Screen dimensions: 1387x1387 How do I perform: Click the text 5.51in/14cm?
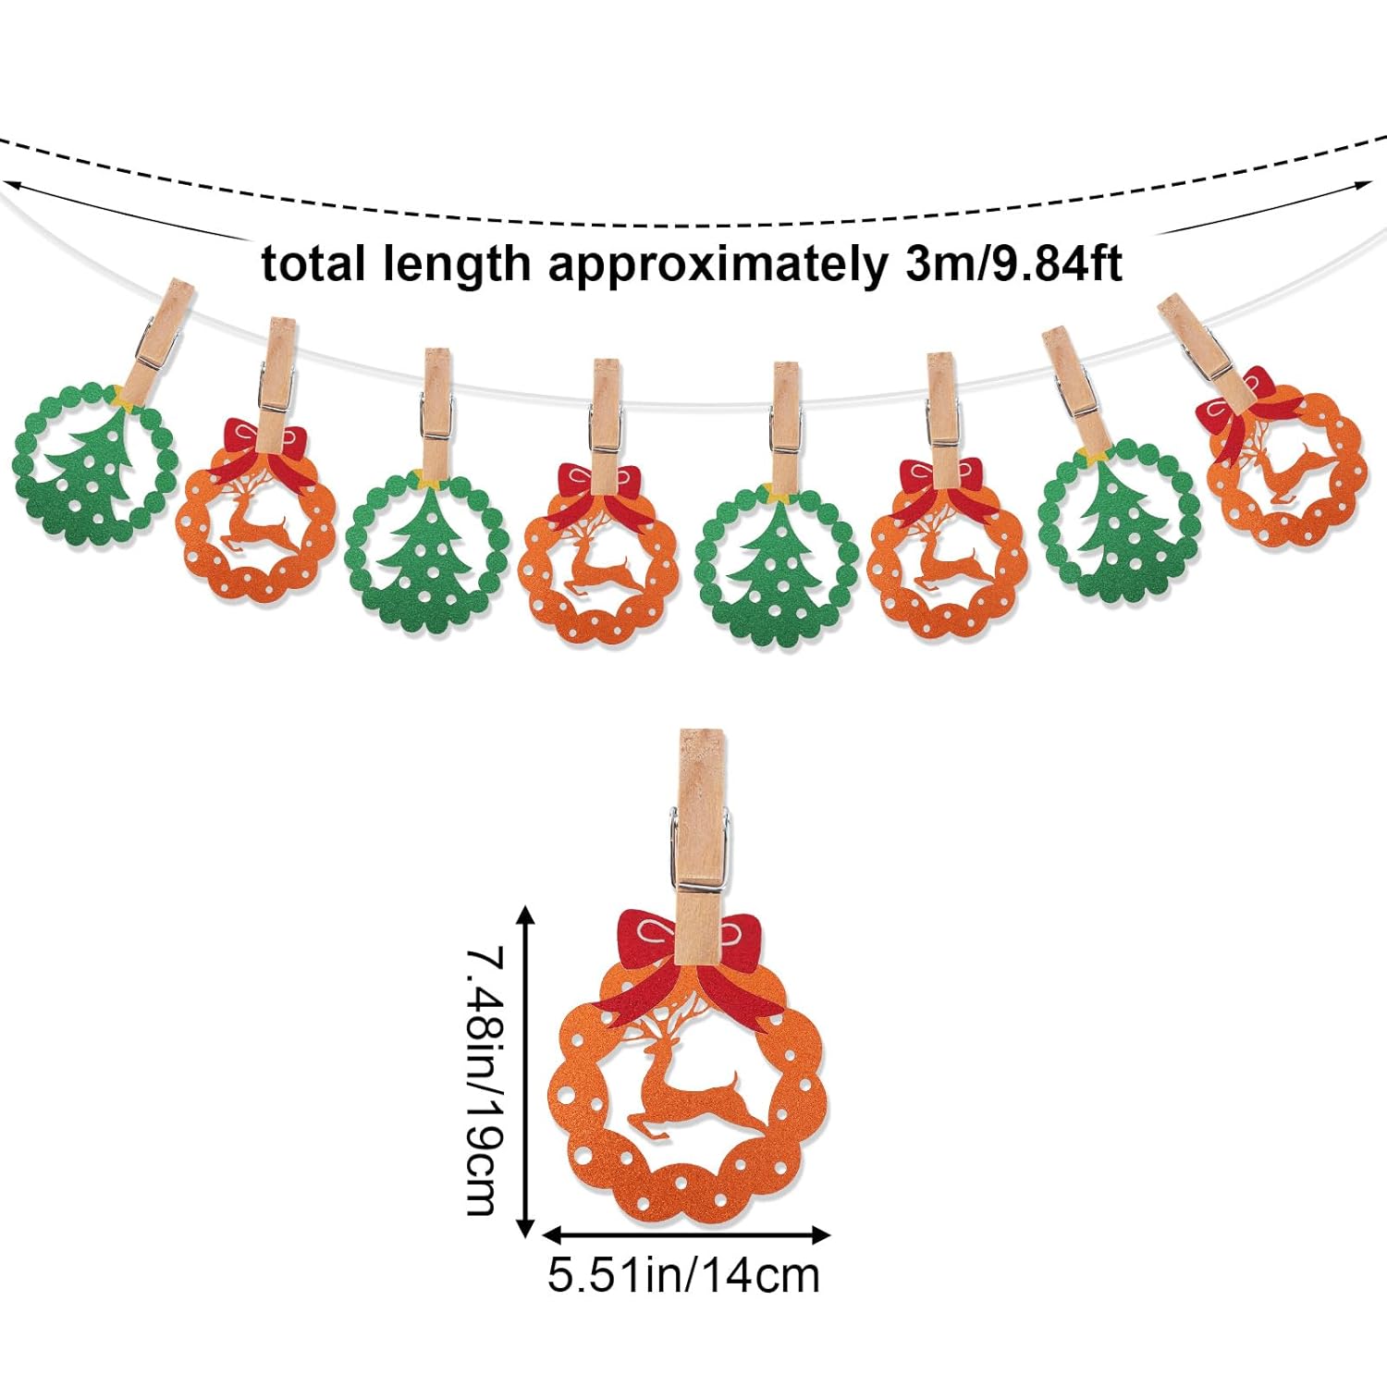click(683, 1275)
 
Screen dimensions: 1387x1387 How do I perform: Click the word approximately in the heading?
click(717, 265)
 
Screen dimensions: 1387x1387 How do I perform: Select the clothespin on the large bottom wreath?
click(700, 832)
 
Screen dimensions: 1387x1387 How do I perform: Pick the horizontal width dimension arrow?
click(685, 1234)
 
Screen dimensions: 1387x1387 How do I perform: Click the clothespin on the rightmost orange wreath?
click(1202, 347)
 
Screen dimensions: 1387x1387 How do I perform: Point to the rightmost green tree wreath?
click(1120, 522)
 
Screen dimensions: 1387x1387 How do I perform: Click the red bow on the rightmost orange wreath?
click(1239, 407)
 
